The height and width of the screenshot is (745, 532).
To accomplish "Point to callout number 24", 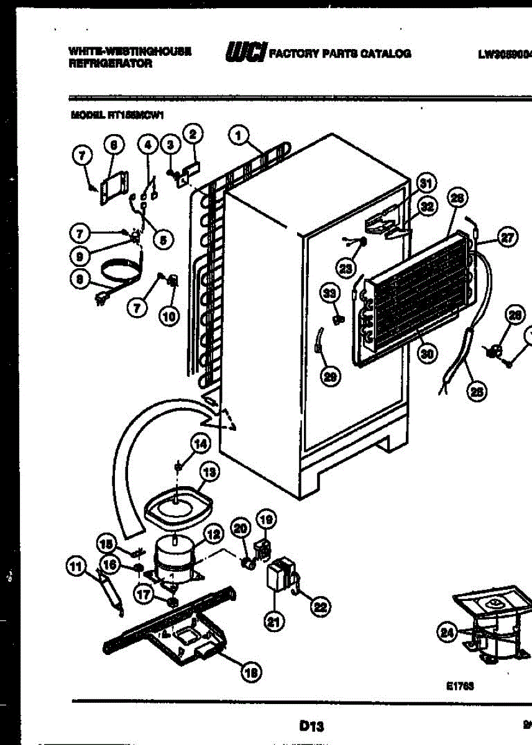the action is tap(446, 633).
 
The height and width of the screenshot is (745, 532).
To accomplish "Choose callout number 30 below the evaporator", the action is tap(426, 353).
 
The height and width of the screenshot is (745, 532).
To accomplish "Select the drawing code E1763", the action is tap(459, 687).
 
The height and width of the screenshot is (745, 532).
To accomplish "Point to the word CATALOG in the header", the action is tap(384, 53).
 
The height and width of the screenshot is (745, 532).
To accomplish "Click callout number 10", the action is tap(168, 316).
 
